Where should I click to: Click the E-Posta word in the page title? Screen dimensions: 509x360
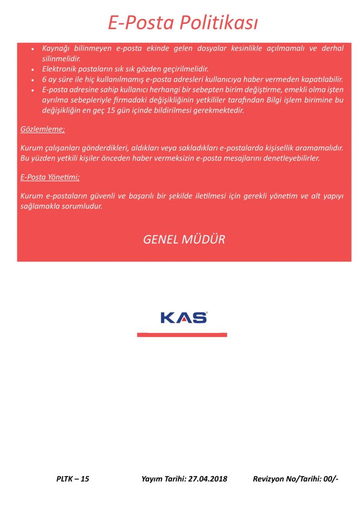pos(136,23)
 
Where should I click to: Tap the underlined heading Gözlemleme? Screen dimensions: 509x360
pos(43,129)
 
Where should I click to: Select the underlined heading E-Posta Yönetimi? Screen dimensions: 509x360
pos(50,177)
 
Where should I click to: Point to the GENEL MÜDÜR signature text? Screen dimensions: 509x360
pos(184,239)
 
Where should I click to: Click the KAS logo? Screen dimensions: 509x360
pos(184,317)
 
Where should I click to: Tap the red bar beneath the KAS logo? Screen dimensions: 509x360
pos(182,335)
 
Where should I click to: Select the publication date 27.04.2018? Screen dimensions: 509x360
pos(206,479)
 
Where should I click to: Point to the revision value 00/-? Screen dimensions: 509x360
pos(330,479)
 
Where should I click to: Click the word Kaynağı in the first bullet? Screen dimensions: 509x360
pos(56,49)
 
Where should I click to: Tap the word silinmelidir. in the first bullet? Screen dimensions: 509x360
pos(62,58)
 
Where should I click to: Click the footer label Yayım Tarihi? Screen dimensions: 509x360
pos(163,479)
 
